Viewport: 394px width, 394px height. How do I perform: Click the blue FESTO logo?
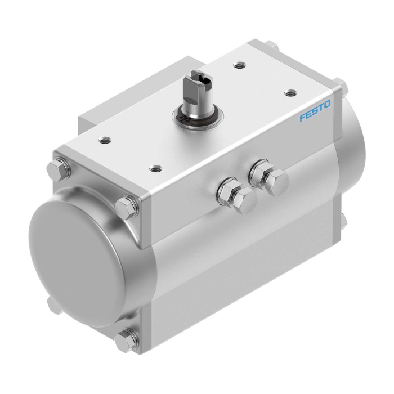[315, 111]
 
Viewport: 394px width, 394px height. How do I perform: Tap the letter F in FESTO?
[303, 118]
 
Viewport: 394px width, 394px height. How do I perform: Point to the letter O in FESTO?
[327, 104]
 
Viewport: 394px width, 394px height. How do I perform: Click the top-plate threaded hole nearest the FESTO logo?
[291, 93]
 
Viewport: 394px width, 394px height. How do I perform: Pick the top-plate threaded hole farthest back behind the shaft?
[239, 66]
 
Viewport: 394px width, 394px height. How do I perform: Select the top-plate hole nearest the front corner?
[155, 168]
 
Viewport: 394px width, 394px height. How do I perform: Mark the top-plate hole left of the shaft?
[105, 140]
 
